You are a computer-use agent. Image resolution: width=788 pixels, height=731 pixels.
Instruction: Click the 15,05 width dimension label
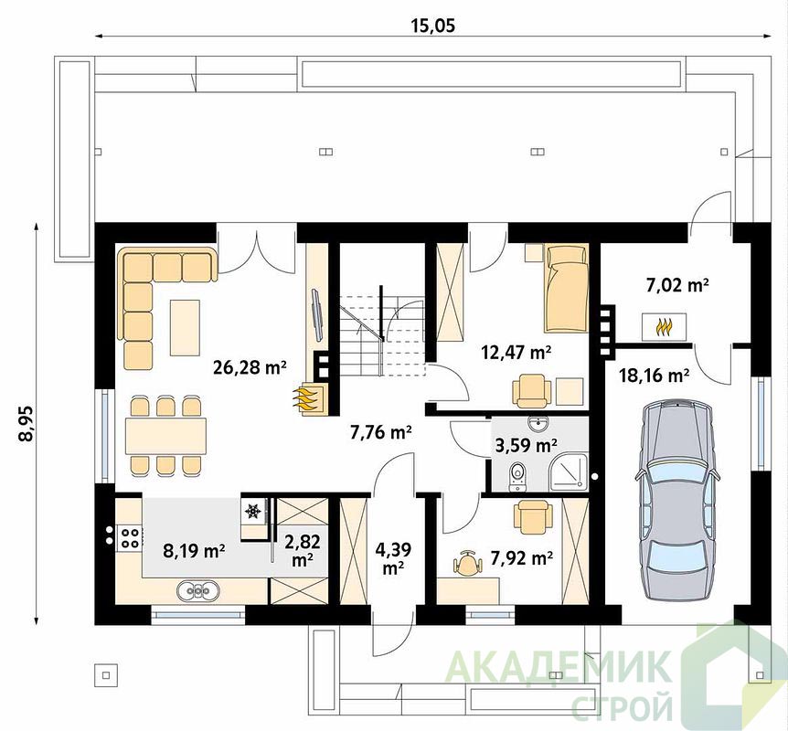[433, 25]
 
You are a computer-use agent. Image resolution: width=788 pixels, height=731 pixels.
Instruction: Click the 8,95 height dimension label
[26, 423]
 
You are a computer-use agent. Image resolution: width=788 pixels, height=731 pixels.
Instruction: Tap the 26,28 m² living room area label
[250, 367]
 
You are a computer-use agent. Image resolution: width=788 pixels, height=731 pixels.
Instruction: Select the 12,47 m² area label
[516, 352]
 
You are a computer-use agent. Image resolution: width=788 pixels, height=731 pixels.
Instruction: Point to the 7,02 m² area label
[677, 285]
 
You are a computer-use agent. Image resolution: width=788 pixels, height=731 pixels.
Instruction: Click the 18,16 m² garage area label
[654, 375]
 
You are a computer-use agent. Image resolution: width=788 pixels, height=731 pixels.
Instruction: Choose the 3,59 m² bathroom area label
[527, 445]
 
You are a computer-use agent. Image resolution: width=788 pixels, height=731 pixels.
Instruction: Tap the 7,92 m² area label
[522, 557]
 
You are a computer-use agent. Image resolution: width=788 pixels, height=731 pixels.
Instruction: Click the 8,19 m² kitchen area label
[194, 551]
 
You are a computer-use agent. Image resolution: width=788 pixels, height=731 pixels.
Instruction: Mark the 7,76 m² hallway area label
[381, 431]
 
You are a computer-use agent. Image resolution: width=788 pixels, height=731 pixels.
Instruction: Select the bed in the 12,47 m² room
[567, 289]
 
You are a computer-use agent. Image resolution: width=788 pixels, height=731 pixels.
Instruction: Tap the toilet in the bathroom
[517, 476]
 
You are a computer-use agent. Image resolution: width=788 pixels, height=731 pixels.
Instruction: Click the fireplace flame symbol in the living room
[306, 399]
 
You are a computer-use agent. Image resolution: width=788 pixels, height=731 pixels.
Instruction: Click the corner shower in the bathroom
[569, 471]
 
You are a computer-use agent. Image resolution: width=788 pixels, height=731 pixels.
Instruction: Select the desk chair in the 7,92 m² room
[467, 563]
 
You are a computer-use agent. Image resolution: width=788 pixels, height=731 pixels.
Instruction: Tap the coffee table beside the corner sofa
[185, 327]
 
